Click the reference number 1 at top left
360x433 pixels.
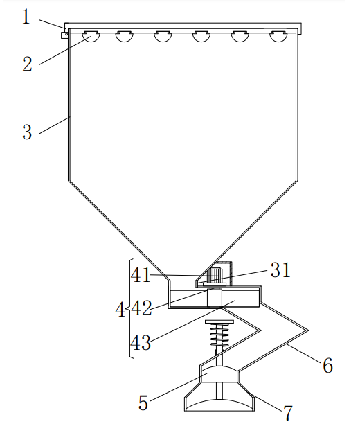point(26,16)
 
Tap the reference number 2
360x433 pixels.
point(26,64)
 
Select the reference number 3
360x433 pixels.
point(26,132)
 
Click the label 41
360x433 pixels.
point(141,275)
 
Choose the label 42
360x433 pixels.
point(141,308)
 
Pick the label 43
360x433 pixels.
point(141,343)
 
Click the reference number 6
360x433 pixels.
point(327,366)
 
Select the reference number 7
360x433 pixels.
point(287,414)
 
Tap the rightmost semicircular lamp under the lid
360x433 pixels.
point(278,35)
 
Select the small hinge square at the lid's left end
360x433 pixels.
point(64,33)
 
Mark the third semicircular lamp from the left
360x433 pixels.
point(163,35)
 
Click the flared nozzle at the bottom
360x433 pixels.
point(219,398)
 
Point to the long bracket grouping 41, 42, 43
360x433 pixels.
point(130,308)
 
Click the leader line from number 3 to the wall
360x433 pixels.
point(54,125)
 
